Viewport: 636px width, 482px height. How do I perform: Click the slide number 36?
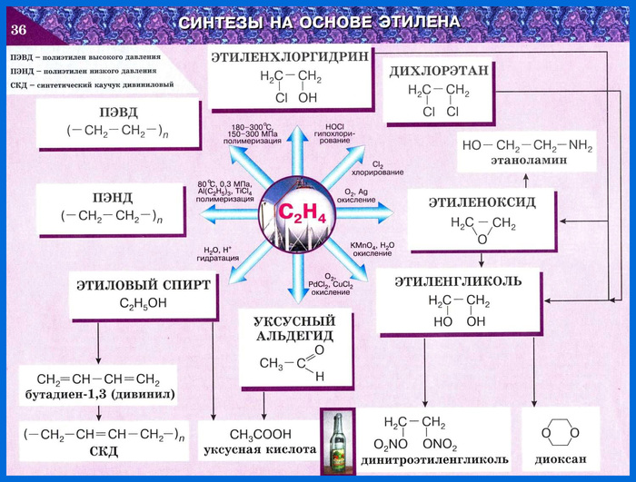20,31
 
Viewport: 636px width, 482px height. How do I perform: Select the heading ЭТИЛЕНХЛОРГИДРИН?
291,56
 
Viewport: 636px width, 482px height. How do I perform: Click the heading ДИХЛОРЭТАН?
439,70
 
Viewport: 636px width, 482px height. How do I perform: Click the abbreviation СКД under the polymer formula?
103,451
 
